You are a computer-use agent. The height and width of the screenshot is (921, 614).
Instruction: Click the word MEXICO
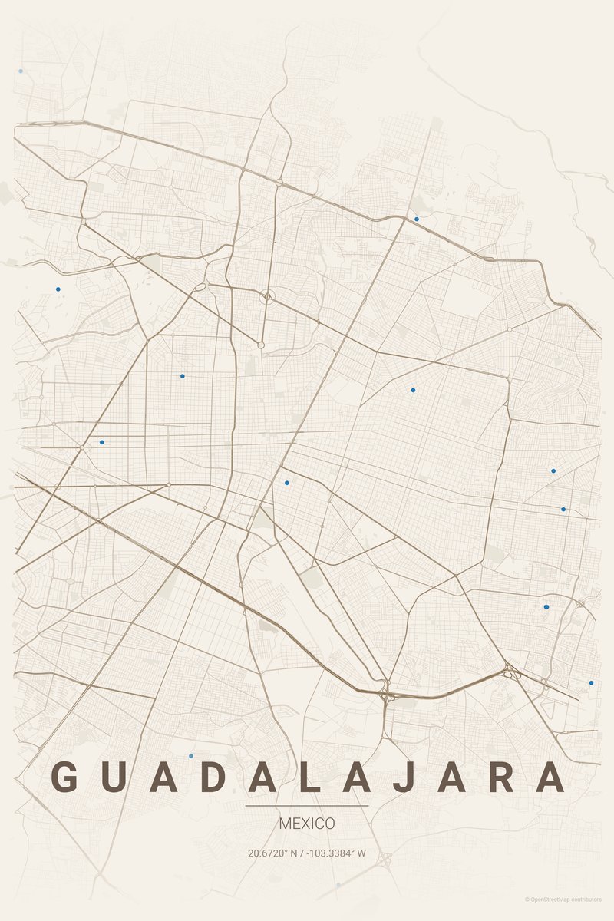point(307,824)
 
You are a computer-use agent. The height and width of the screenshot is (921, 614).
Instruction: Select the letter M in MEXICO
point(285,824)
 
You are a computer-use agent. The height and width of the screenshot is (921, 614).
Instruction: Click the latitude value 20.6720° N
point(272,853)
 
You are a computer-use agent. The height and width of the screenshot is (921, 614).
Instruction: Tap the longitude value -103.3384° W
point(337,853)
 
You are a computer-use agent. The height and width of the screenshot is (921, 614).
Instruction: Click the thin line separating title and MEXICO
point(307,807)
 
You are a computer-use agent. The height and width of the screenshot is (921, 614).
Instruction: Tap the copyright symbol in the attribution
point(527,900)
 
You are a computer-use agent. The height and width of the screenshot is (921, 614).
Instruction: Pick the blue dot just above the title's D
point(191,756)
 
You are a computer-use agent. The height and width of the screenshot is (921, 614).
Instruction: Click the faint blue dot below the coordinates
point(338,885)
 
